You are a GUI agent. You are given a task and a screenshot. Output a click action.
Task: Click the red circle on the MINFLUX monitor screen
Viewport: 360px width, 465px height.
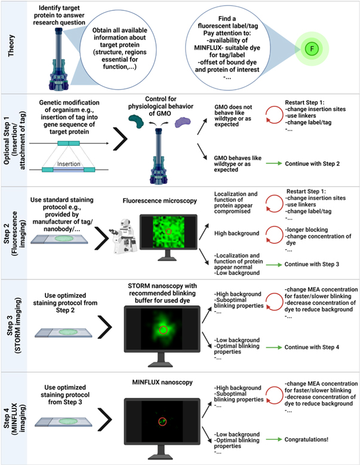162,422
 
